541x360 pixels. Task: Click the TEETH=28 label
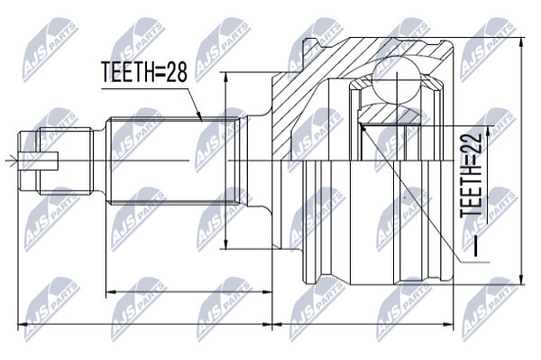tap(144, 71)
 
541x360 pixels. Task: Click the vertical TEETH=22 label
tap(471, 175)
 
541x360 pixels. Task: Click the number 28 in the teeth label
tap(176, 71)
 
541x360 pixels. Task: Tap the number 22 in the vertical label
tap(471, 143)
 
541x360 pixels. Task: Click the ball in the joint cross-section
tap(397, 81)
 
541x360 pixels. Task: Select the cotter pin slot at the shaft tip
tap(39, 162)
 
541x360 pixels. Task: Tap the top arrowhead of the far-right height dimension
tap(521, 42)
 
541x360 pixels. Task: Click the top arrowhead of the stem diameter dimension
tap(226, 78)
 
